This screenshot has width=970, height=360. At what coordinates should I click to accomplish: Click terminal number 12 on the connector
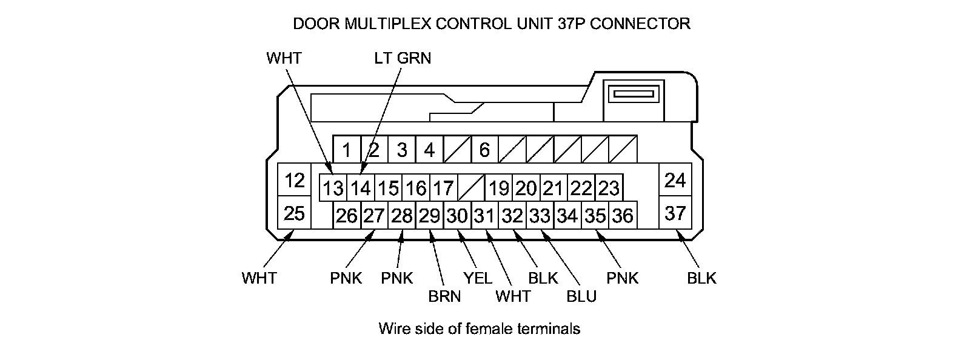coord(295,180)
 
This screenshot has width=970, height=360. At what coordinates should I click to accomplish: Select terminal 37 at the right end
coord(675,213)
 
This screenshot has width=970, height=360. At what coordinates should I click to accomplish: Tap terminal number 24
coord(675,180)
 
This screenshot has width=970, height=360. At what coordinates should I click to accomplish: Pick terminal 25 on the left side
coord(295,213)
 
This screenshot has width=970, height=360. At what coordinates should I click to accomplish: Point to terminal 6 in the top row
coord(484,149)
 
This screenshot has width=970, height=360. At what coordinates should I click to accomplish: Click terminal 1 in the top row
coord(347,149)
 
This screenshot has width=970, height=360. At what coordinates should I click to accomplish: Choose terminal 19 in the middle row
coord(499,188)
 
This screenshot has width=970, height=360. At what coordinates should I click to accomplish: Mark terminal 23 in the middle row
coord(608,188)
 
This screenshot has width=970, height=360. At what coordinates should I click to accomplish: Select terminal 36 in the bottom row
coord(622,215)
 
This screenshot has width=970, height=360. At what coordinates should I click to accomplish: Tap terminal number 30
coord(457,215)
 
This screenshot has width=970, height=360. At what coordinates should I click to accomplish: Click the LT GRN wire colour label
coord(403,58)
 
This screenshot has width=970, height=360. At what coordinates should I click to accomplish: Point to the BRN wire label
coord(444,296)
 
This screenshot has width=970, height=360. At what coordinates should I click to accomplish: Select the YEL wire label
coord(478,278)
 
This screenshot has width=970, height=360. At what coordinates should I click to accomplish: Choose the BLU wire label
coord(581,296)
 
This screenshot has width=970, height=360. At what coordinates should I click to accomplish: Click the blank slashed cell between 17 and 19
coord(471,188)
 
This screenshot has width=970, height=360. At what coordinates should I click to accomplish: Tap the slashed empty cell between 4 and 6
coord(457,149)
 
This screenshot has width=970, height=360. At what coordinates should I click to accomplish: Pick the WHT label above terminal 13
coord(284,58)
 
